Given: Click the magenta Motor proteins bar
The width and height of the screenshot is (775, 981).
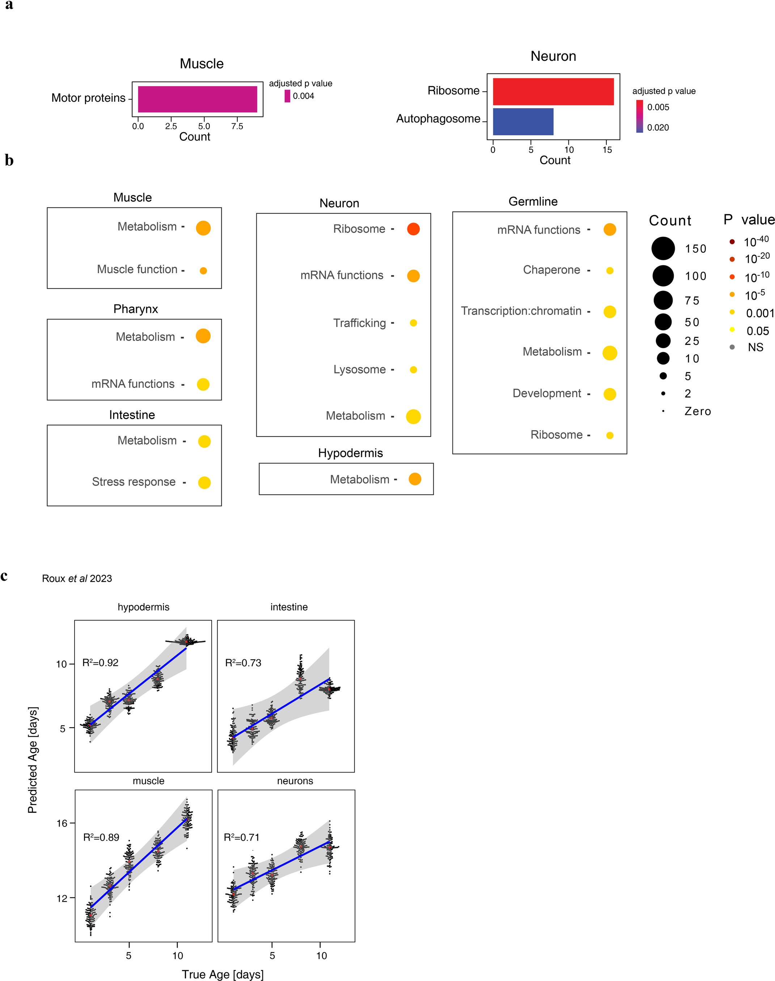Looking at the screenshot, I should [x=198, y=99].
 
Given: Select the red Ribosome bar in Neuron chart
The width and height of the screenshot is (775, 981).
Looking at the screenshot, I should [x=553, y=92].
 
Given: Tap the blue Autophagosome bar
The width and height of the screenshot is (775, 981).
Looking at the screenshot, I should [x=523, y=122].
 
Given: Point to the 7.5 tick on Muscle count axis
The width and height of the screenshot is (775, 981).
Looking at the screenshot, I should [x=237, y=126].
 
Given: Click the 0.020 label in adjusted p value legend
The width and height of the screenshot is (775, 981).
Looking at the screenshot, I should [x=658, y=127].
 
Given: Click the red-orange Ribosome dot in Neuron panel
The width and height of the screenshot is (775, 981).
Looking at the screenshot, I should [x=413, y=229].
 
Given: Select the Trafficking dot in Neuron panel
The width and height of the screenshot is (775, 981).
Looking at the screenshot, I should [x=413, y=323].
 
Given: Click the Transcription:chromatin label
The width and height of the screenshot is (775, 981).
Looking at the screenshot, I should [x=521, y=311].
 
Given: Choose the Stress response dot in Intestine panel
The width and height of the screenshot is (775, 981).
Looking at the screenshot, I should [x=204, y=483].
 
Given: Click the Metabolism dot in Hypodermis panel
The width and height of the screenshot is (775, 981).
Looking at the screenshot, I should [x=415, y=479].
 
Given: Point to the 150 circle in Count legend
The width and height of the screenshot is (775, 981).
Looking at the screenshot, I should [x=663, y=249].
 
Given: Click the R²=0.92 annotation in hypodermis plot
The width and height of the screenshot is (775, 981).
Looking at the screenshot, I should [x=100, y=663].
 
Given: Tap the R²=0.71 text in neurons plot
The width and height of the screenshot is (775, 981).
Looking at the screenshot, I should [x=241, y=838].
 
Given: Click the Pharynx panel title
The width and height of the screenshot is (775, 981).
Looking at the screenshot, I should [x=135, y=309].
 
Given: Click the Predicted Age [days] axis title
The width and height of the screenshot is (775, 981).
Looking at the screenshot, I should [x=33, y=760].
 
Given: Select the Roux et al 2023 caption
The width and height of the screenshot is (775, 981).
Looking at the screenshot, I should [x=77, y=579].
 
